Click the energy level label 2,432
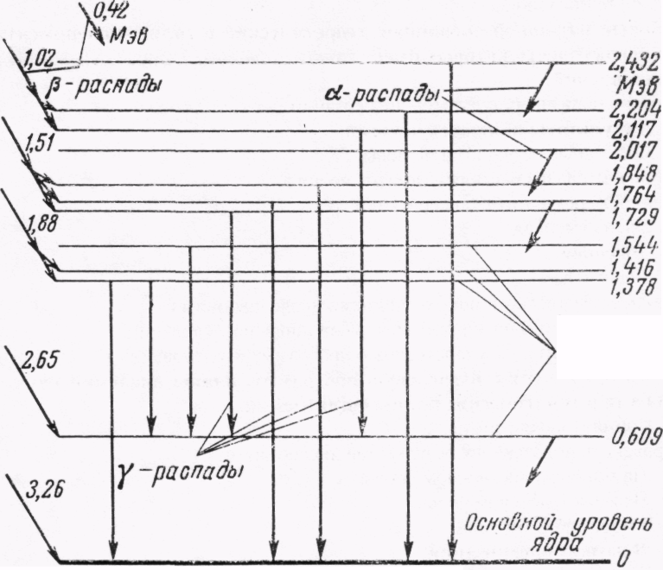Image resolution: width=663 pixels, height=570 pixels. [x=634, y=63]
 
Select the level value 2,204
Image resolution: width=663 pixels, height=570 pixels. [x=634, y=110]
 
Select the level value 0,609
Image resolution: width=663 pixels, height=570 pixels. [x=635, y=435]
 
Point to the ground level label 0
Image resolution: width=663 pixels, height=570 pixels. [x=621, y=560]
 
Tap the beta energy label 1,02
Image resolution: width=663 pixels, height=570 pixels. [x=41, y=61]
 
